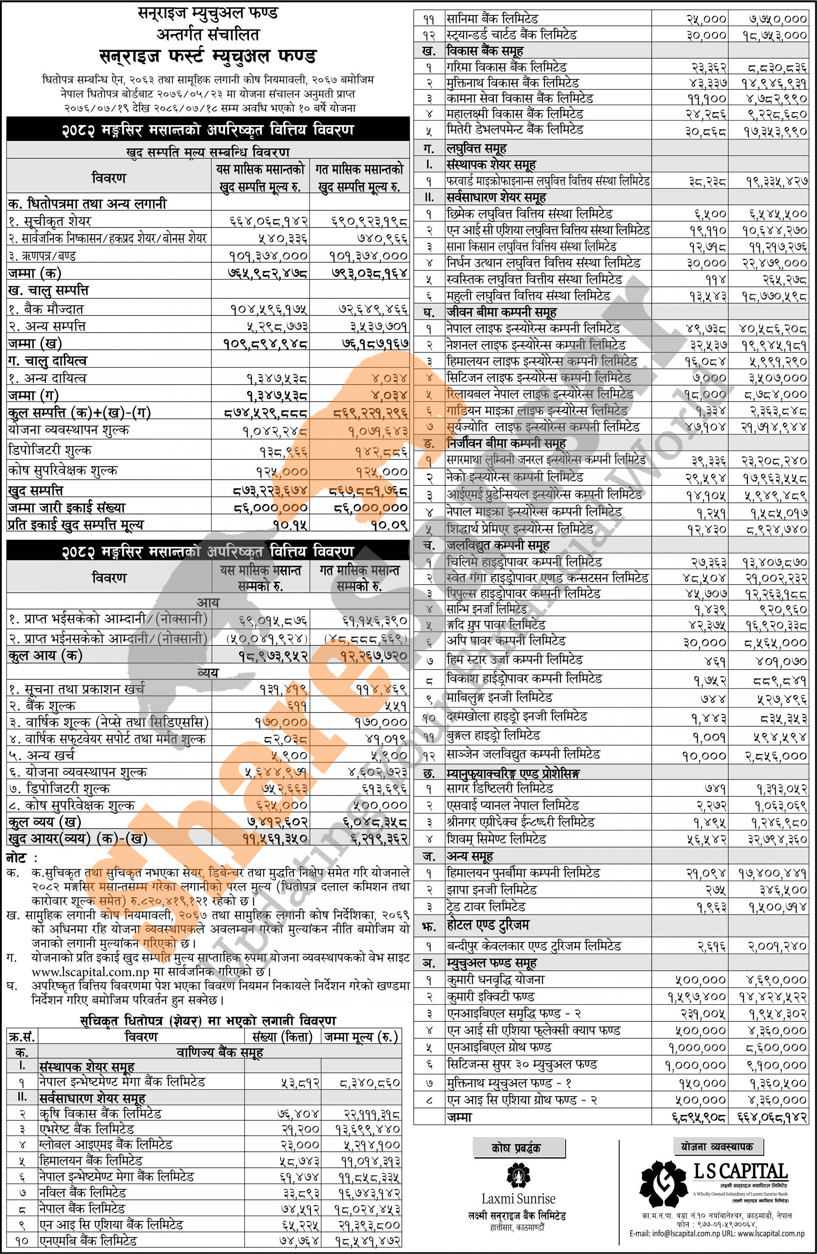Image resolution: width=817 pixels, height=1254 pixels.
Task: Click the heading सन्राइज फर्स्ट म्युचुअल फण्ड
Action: coord(208,56)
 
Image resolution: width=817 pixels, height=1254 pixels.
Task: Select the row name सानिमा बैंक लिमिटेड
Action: coord(492,19)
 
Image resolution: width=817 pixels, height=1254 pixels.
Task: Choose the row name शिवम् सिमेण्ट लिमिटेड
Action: coord(496,839)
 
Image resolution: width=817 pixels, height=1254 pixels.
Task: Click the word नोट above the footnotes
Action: coord(18,858)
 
